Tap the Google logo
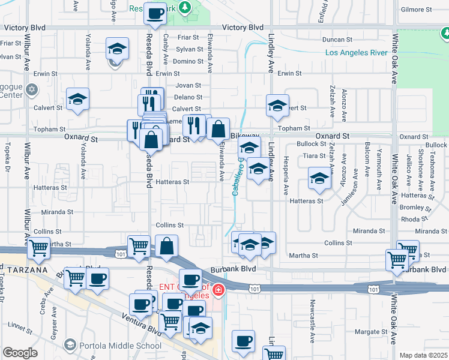[20, 353]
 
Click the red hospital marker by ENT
[218, 291]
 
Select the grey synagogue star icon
[32, 89]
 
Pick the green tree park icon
[187, 8]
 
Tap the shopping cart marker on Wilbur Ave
[39, 247]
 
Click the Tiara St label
[314, 155]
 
